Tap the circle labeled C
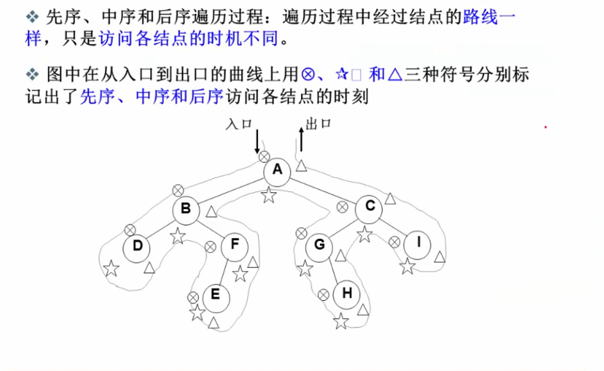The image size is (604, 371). [x=370, y=207]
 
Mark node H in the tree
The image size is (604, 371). [x=346, y=294]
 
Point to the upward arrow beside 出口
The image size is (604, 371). [x=301, y=138]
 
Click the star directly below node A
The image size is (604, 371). [x=269, y=195]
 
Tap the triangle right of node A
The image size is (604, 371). [x=301, y=166]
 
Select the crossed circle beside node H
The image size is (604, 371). [x=323, y=294]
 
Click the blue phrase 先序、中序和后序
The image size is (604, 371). [x=152, y=97]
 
